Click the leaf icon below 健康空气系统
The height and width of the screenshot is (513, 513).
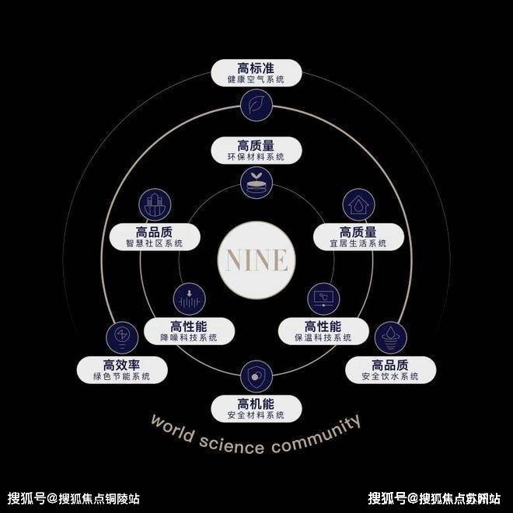click(256, 104)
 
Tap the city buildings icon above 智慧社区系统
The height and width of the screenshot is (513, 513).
click(154, 204)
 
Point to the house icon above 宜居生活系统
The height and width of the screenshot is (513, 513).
click(358, 204)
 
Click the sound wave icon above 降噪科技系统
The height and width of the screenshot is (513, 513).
click(189, 298)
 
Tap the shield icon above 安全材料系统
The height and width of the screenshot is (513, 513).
click(256, 376)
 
